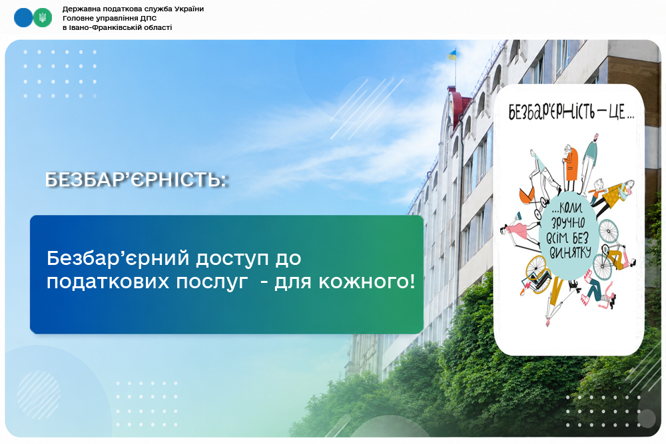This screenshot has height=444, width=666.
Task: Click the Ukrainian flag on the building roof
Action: [452, 55]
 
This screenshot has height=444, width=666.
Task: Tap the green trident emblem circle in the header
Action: [43, 17]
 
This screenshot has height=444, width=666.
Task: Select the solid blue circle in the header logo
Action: [23, 17]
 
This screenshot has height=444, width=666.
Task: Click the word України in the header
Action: [189, 9]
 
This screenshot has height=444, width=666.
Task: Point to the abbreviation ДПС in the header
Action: [149, 18]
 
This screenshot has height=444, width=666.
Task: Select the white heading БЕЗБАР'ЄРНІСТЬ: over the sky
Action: [136, 180]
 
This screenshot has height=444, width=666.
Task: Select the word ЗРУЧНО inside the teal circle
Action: [568, 223]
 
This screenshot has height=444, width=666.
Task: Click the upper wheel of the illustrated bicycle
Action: [609, 231]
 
